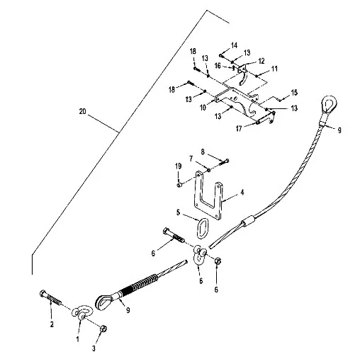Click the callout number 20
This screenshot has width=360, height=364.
[82, 111]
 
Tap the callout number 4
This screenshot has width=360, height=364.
[242, 193]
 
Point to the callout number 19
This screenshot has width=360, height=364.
[179, 166]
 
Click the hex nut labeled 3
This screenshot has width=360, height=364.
[103, 329]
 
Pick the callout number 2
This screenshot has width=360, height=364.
[52, 324]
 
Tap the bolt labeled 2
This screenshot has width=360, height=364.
[50, 297]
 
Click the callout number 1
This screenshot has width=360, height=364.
[77, 339]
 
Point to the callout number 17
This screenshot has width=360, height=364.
[239, 128]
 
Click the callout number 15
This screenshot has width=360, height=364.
[294, 93]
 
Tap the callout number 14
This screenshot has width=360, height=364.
[234, 45]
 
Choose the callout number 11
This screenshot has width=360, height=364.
[274, 69]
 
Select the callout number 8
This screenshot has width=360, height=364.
[203, 152]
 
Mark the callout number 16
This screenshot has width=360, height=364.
[218, 65]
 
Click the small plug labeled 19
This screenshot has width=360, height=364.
[179, 185]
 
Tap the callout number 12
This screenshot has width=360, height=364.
[261, 61]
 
